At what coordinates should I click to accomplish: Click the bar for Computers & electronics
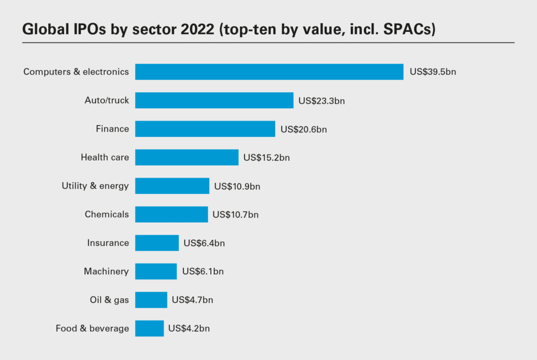[269, 72]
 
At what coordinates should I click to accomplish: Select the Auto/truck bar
[214, 100]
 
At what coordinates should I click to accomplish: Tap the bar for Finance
[205, 129]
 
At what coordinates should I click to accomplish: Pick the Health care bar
[187, 157]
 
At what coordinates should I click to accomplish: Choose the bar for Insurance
[157, 243]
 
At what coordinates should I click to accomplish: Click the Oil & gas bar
[151, 300]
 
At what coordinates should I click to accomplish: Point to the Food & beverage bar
[149, 329]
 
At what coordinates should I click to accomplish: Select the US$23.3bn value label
[321, 100]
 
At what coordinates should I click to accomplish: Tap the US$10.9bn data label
[237, 186]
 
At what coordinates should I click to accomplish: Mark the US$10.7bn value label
[235, 214]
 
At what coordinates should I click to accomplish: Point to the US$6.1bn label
[203, 271]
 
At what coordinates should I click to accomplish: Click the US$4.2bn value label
[189, 329]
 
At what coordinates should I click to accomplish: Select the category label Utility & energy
[95, 186]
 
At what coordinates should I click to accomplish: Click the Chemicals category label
[106, 214]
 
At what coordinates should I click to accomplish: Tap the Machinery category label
[106, 271]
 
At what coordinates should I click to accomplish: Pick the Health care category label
[104, 157]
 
